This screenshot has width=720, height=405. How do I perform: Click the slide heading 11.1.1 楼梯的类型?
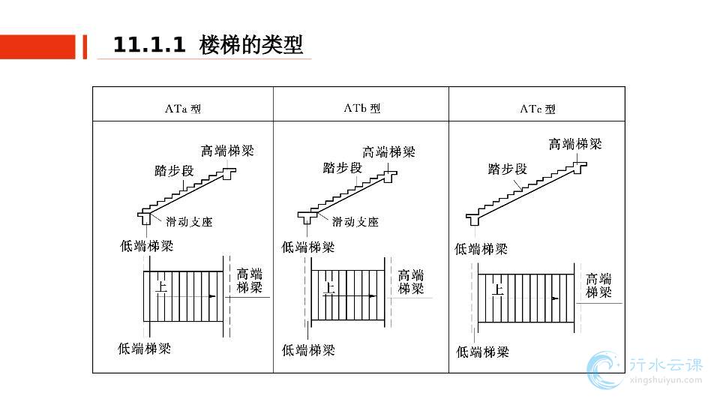click(208, 45)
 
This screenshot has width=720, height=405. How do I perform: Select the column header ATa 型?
click(182, 108)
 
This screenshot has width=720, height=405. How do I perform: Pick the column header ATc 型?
click(538, 109)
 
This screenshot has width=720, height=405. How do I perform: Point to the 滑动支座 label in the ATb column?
click(355, 222)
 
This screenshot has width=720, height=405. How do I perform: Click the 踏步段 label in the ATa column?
click(174, 171)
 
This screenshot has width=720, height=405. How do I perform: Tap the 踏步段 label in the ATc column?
click(508, 169)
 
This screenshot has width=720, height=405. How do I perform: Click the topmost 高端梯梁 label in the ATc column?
click(575, 144)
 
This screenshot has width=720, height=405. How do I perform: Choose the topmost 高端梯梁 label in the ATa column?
click(228, 151)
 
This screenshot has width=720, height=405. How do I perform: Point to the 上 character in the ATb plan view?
click(328, 287)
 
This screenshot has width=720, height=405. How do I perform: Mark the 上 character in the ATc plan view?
click(497, 289)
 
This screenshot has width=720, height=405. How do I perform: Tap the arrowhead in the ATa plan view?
click(213, 296)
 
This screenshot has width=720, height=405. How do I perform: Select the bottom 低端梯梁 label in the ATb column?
click(308, 349)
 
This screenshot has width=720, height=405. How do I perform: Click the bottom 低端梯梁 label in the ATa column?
click(145, 349)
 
